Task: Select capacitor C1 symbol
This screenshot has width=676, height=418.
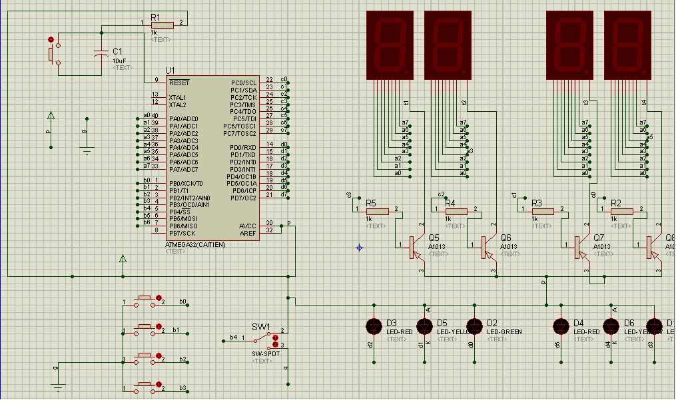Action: [x=101, y=55]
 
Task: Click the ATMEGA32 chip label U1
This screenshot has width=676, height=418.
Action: [x=170, y=71]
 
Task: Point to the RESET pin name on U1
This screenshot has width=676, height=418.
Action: [x=179, y=83]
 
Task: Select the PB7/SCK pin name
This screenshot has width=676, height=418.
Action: [x=182, y=233]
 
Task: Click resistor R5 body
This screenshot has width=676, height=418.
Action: [x=378, y=212]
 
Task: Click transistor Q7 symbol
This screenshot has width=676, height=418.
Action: [x=577, y=247]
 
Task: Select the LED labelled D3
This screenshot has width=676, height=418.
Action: [x=374, y=326]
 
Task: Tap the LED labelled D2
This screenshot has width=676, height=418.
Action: [x=474, y=326]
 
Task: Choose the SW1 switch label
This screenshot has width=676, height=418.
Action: [x=260, y=327]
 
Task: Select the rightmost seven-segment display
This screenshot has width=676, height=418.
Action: [x=627, y=45]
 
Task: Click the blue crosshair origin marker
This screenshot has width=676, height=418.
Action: [x=360, y=248]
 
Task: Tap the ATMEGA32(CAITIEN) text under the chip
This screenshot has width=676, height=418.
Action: [x=195, y=244]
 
